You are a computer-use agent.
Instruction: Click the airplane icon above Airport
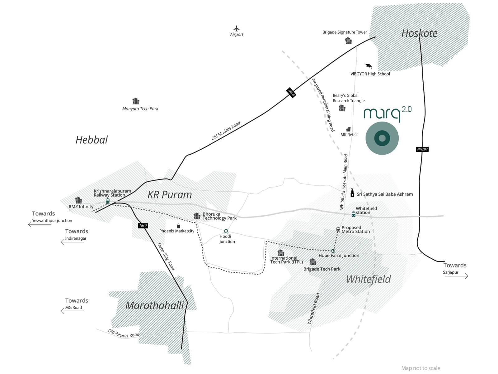pyautogui.click(x=237, y=29)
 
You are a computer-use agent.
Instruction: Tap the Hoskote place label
pyautogui.click(x=419, y=33)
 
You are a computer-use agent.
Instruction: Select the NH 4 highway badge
pyautogui.click(x=291, y=93)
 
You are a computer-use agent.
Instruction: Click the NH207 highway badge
pyautogui.click(x=422, y=149)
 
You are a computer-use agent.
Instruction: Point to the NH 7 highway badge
pyautogui.click(x=143, y=226)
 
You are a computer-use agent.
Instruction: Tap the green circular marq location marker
pyautogui.click(x=382, y=138)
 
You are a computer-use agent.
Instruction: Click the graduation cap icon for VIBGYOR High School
pyautogui.click(x=369, y=66)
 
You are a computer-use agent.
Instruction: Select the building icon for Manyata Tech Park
pyautogui.click(x=136, y=101)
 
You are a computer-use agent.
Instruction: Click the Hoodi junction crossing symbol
pyautogui.click(x=226, y=231)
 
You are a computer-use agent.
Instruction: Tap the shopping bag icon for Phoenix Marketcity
pyautogui.click(x=178, y=226)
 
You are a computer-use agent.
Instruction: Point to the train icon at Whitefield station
pyautogui.click(x=353, y=214)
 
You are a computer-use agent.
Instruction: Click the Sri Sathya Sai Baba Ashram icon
pyautogui.click(x=352, y=193)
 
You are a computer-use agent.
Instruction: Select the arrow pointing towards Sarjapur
pyautogui.click(x=456, y=276)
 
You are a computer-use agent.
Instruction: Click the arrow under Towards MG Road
pyautogui.click(x=73, y=311)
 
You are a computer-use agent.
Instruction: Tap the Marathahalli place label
pyautogui.click(x=155, y=305)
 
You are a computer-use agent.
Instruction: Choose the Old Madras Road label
pyautogui.click(x=226, y=131)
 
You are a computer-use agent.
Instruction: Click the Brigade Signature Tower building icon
pyautogui.click(x=348, y=41)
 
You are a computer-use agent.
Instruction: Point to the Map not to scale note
pyautogui.click(x=420, y=368)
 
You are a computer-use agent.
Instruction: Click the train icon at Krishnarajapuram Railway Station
pyautogui.click(x=108, y=201)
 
